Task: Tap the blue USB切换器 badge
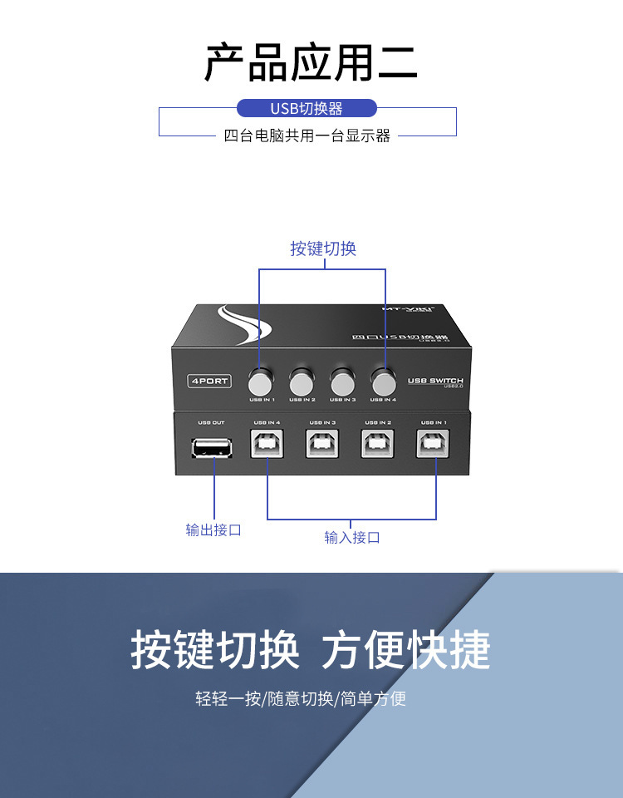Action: click(307, 109)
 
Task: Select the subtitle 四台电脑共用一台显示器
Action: click(307, 136)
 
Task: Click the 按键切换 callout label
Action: click(323, 249)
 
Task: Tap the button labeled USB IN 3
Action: click(341, 382)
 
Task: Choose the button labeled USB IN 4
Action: click(383, 382)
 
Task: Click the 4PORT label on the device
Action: click(209, 381)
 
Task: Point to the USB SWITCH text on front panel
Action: click(435, 381)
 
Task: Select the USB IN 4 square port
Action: click(267, 446)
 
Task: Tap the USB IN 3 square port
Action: click(322, 446)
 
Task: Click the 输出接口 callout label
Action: click(213, 530)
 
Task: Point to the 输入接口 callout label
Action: click(352, 538)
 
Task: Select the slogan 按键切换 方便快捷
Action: click(311, 650)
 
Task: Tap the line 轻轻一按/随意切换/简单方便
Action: click(301, 699)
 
